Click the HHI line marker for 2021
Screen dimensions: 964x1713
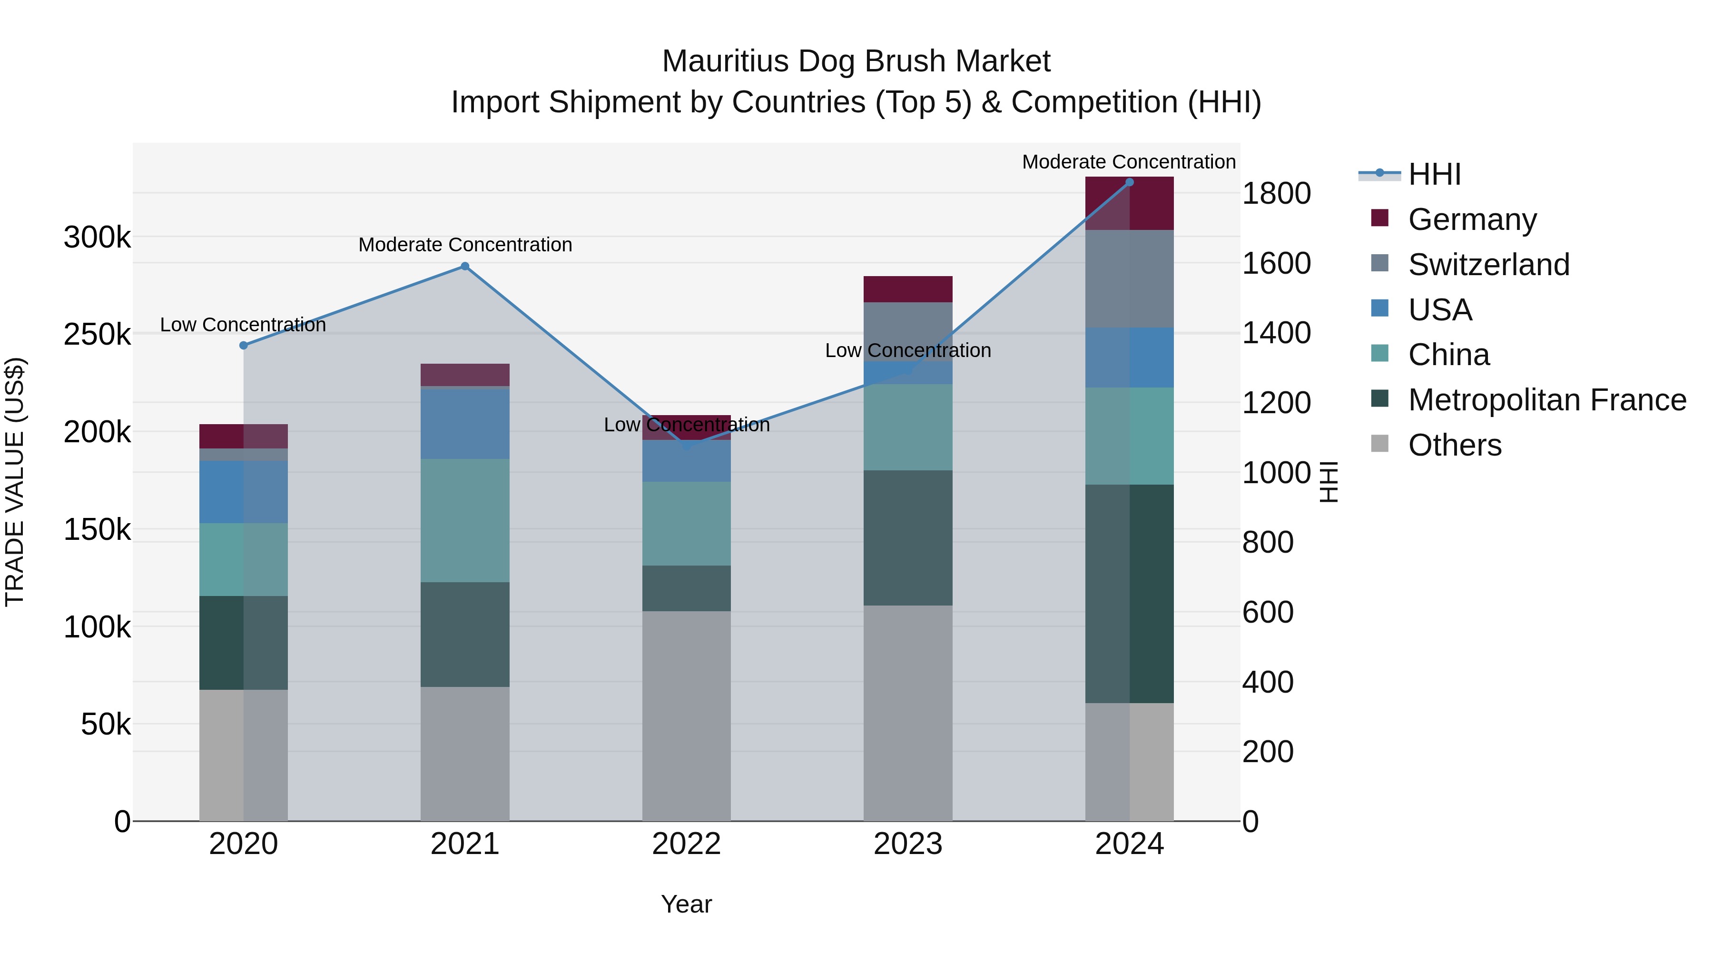click(465, 266)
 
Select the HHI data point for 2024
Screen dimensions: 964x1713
click(1129, 182)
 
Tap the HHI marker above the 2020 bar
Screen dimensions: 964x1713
click(243, 345)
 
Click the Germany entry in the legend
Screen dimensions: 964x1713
click(1472, 219)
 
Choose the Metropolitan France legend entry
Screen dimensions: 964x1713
click(1547, 400)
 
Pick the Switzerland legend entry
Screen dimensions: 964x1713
click(1488, 265)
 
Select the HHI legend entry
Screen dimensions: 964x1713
click(1434, 174)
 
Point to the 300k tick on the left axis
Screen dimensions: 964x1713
click(97, 237)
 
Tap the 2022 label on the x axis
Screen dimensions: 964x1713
click(686, 844)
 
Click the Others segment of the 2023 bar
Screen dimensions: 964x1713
click(908, 712)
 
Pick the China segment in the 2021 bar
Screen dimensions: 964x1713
click(465, 520)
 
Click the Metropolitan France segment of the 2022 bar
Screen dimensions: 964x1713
click(686, 588)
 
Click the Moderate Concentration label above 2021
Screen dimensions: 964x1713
click(465, 245)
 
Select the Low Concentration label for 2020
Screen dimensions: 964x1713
click(243, 325)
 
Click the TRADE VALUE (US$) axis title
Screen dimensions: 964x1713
click(15, 482)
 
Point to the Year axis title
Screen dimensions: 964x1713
click(686, 904)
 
